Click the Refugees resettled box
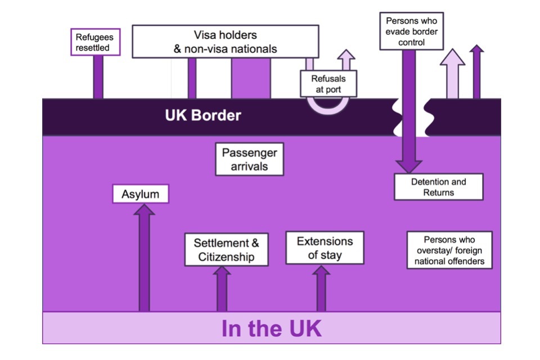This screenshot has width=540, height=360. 94,42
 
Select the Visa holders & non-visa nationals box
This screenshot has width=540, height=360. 225,42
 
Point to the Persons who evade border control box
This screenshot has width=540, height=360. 411,31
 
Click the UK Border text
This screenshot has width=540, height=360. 203,116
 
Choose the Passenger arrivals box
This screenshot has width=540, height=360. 249,159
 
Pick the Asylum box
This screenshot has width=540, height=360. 141,195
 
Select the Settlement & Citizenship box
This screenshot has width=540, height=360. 226,250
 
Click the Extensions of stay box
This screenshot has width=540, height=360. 325,248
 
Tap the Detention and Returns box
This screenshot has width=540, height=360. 438,187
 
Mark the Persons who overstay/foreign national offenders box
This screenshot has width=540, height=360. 449,250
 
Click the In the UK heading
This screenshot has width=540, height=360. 271,328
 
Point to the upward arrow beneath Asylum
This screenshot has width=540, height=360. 144,259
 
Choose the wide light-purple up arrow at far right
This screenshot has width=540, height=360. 452,73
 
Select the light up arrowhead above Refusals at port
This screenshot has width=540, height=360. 346,58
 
